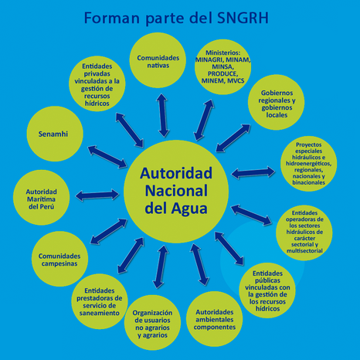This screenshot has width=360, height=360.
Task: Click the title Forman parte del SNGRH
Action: click(176, 18)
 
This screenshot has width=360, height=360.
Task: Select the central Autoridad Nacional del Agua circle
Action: click(176, 192)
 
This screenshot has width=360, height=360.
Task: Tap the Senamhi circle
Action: click(55, 134)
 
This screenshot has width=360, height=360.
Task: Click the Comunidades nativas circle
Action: click(158, 60)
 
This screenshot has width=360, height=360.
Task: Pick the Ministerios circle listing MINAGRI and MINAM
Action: click(223, 67)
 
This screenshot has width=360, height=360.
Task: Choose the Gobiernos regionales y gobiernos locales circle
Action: click(276, 102)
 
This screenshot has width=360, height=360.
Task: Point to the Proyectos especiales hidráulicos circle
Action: click(308, 164)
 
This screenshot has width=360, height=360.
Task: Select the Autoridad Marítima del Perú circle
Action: click(41, 198)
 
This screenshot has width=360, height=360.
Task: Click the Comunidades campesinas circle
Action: click(59, 259)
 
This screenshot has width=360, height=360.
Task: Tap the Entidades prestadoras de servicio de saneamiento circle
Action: click(100, 301)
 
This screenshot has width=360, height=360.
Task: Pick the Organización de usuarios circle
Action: click(152, 323)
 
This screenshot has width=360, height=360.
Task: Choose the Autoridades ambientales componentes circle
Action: click(214, 319)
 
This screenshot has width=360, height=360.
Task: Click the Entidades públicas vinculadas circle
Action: click(267, 290)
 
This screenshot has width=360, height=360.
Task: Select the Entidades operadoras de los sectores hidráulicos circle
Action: click(304, 233)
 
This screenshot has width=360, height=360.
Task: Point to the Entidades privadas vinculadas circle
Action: click(97, 83)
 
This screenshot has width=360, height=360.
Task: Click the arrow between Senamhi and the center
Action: click(107, 157)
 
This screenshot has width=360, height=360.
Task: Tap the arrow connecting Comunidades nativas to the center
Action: click(163, 115)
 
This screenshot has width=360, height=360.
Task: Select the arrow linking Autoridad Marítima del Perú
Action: click(97, 195)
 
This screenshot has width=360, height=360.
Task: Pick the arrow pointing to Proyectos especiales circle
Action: click(253, 172)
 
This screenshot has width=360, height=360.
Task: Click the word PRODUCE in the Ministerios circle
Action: click(222, 73)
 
